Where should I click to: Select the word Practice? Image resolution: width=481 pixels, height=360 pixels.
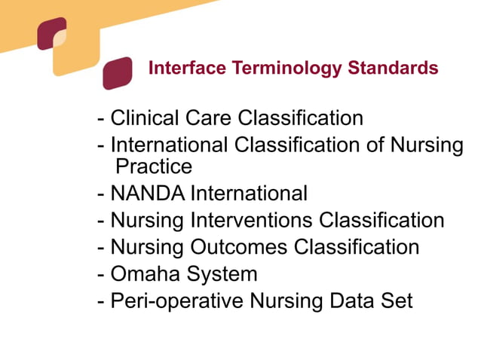click(x=154, y=166)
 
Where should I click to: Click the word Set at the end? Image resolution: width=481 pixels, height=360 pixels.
click(x=397, y=301)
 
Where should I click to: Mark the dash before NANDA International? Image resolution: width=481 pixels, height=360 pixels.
click(x=101, y=194)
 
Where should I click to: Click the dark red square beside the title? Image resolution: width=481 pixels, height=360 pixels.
click(x=118, y=74)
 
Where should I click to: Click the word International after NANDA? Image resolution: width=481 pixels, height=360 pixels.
click(x=248, y=194)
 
